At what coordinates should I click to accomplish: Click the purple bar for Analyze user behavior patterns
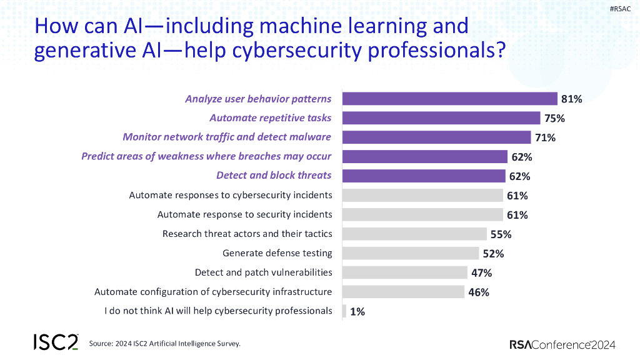pos(450,99)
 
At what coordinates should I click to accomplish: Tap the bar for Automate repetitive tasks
pos(441,118)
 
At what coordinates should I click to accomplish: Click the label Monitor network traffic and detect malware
pos(227,137)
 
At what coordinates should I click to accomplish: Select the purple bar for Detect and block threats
pos(424,176)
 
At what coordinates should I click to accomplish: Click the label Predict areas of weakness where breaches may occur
pos(206,156)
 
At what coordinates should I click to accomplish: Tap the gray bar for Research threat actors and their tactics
pos(414,234)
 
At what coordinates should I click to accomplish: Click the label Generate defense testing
pos(277,253)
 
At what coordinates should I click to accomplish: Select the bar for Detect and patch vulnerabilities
pos(405,272)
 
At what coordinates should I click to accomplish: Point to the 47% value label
pos(481,273)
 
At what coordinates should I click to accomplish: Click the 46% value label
pos(478,292)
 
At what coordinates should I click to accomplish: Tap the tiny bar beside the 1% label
pos(344,311)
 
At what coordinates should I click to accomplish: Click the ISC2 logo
pos(56,342)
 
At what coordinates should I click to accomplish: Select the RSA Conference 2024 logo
pos(562,344)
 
